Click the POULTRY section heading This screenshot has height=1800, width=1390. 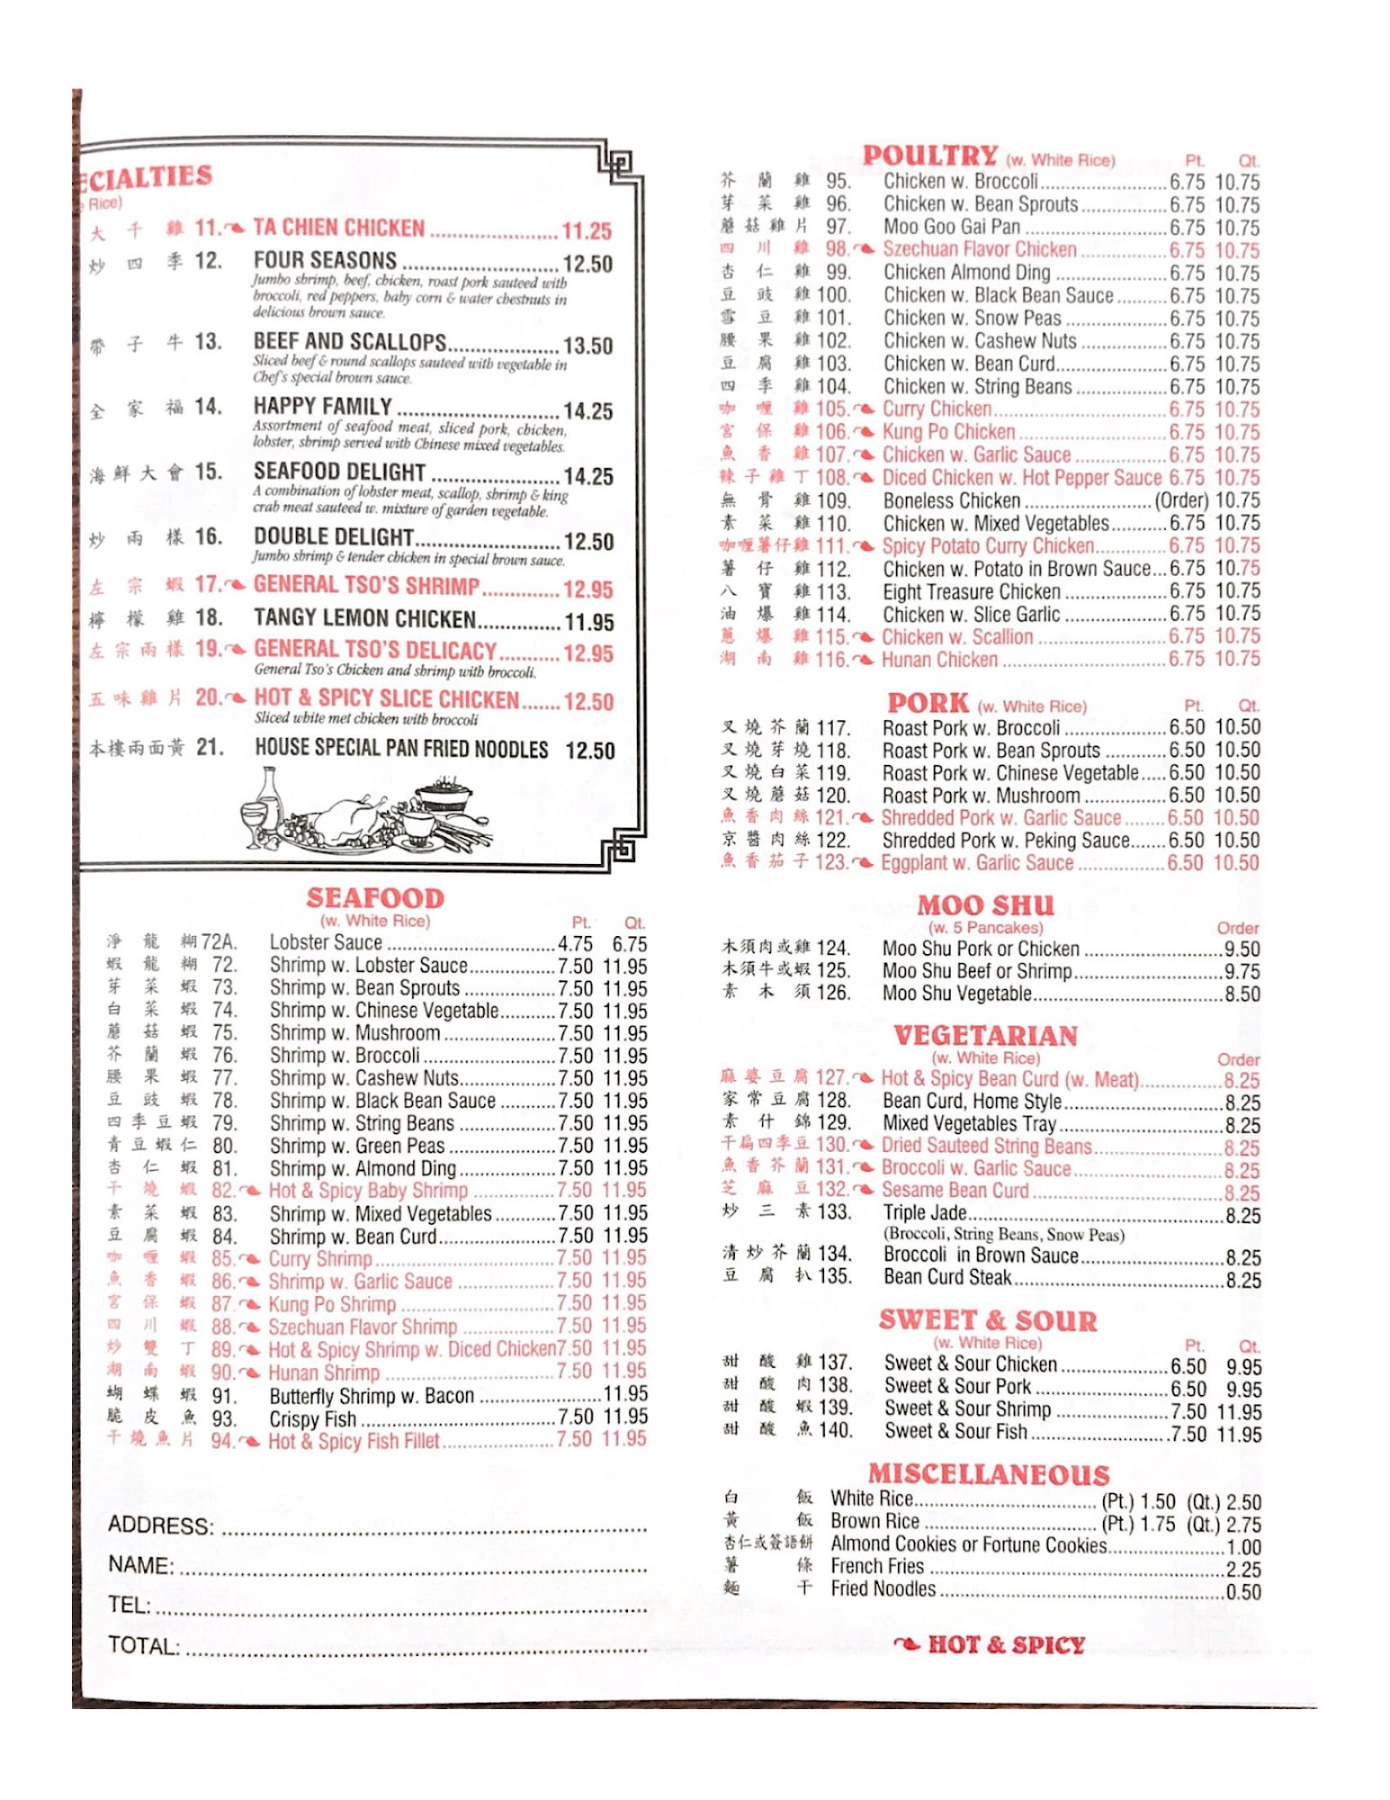[x=929, y=156]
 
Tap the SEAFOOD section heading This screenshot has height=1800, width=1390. [x=374, y=898]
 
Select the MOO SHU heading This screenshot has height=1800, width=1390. [x=985, y=905]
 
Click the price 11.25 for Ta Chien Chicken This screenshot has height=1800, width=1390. [x=587, y=231]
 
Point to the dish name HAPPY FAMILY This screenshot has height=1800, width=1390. [x=322, y=407]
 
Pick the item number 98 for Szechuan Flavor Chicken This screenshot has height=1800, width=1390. [x=837, y=249]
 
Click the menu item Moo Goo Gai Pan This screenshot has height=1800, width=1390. [x=952, y=227]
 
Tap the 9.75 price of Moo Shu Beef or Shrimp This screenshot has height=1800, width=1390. [x=1242, y=972]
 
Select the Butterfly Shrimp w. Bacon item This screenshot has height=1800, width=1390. [x=372, y=1396]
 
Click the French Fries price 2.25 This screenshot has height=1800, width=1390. [x=1243, y=1570]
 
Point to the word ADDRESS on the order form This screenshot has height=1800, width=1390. [x=161, y=1525]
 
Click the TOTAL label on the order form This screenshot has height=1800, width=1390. [x=144, y=1646]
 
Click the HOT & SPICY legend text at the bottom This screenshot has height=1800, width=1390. [x=1006, y=1645]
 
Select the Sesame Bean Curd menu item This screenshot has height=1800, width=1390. [x=955, y=1191]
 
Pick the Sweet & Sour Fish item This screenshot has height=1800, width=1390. [x=955, y=1431]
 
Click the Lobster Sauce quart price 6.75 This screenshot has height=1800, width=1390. [x=629, y=944]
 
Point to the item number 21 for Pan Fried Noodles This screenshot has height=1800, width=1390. [x=210, y=747]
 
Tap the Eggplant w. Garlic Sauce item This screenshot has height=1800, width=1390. [x=977, y=863]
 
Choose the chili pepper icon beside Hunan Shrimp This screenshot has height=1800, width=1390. [x=251, y=1373]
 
